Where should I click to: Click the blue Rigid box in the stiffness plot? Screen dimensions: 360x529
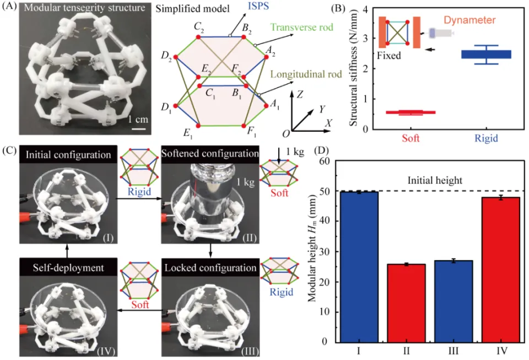click(x=486, y=54)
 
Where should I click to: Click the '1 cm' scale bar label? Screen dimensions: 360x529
click(x=137, y=117)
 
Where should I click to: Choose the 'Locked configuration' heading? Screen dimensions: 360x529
click(x=209, y=268)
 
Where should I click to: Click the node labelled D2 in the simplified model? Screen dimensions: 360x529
click(x=174, y=57)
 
